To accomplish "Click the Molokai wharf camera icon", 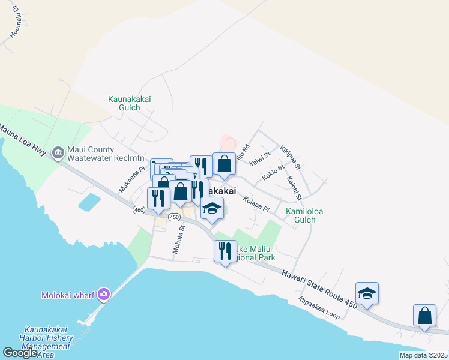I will [x=104, y=294].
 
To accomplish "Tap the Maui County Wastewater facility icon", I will [x=58, y=153].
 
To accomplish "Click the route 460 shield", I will [x=139, y=210].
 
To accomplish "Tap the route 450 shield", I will [x=174, y=217].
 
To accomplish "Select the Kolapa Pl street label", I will [x=256, y=203].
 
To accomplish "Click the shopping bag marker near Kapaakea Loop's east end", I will [x=424, y=315].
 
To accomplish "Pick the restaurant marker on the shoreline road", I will [x=225, y=251].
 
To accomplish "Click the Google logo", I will [x=20, y=353].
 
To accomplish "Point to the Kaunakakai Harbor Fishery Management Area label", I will [x=47, y=342].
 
